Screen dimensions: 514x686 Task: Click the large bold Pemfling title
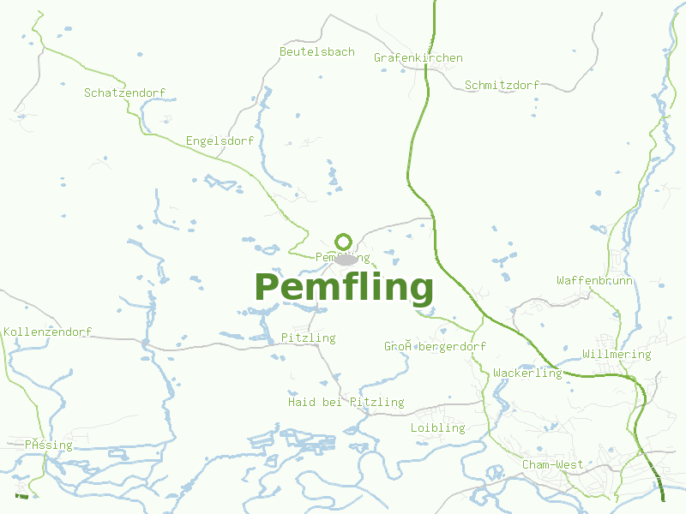tap(344, 288)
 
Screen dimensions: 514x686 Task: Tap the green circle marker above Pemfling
tap(344, 242)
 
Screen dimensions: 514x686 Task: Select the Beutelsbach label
tap(316, 52)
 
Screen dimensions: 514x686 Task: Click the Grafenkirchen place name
tap(418, 58)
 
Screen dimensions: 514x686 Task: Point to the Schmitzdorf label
tap(502, 86)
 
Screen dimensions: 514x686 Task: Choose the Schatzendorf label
tap(124, 93)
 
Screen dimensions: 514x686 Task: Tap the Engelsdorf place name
tap(220, 141)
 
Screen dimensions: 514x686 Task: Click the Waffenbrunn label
tap(594, 281)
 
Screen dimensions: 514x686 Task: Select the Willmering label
tap(616, 355)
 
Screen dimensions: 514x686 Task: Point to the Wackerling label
tap(527, 374)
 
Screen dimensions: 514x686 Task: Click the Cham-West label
tap(552, 465)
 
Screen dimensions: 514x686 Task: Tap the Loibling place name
tap(437, 428)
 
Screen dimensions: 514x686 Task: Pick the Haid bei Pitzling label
tap(346, 403)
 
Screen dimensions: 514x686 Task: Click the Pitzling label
tap(308, 338)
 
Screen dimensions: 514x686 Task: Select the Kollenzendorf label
tap(47, 332)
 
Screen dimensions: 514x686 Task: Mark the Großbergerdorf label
tap(435, 347)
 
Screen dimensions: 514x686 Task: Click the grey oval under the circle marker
tap(346, 260)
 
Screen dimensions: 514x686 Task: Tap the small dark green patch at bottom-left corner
tap(21, 495)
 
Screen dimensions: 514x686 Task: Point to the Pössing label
tap(48, 445)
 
